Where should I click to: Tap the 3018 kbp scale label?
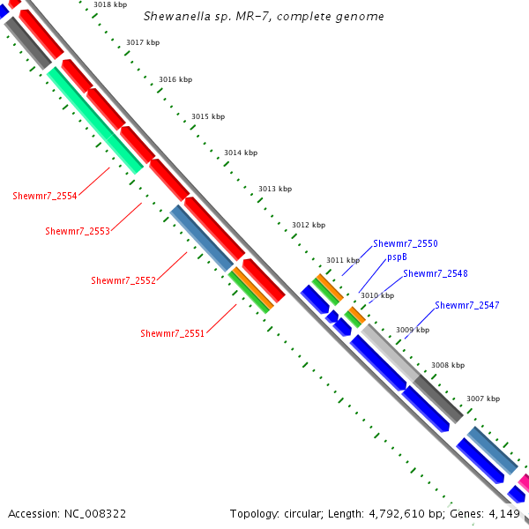click(109, 5)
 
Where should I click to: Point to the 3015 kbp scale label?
click(207, 116)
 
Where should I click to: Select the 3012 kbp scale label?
click(309, 225)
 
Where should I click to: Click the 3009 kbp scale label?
click(412, 330)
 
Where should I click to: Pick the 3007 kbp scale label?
click(482, 399)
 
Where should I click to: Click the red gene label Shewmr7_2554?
click(44, 196)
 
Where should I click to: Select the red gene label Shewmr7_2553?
click(78, 231)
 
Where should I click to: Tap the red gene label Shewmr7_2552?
click(123, 280)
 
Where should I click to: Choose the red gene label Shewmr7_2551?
click(172, 333)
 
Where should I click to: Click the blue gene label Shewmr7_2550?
click(405, 243)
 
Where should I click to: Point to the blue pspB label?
click(397, 257)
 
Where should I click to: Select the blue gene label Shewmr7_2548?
click(435, 273)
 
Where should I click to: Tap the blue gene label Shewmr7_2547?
click(466, 305)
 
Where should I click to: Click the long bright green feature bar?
click(95, 121)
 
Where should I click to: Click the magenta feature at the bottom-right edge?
click(524, 482)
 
